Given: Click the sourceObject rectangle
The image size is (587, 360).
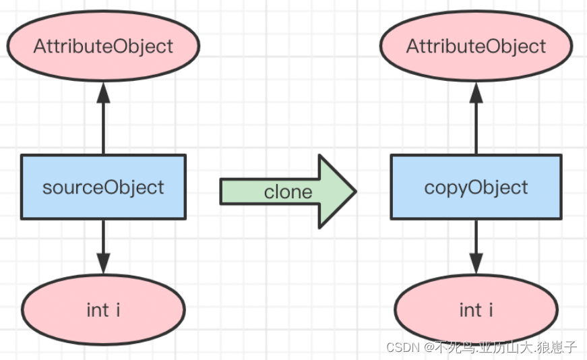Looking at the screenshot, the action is coord(103,187).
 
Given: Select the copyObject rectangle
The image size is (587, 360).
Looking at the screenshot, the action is coord(476,187).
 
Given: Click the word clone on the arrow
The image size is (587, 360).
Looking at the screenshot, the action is coord(288,192).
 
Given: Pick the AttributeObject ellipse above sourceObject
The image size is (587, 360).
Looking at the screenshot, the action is coord(103,46).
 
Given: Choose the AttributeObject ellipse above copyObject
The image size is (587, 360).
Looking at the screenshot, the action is coord(476,46).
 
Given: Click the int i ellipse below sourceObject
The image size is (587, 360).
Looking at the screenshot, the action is coord(103,309).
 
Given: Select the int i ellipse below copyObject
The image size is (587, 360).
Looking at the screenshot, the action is coord(476,309).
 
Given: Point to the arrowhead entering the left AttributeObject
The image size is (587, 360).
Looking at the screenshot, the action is coord(103,92).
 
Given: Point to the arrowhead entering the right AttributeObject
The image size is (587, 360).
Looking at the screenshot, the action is coord(476,92).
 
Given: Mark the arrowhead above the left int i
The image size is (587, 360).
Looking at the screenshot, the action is coord(103,264).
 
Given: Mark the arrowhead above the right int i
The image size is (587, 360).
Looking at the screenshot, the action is coord(476,264).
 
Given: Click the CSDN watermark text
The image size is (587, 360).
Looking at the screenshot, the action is coord(481,347).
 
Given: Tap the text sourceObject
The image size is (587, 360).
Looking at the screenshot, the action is coord(103,187).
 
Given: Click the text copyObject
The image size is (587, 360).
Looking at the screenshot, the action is coord(476,187).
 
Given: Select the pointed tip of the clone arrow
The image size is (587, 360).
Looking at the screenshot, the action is coord(356,191).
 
